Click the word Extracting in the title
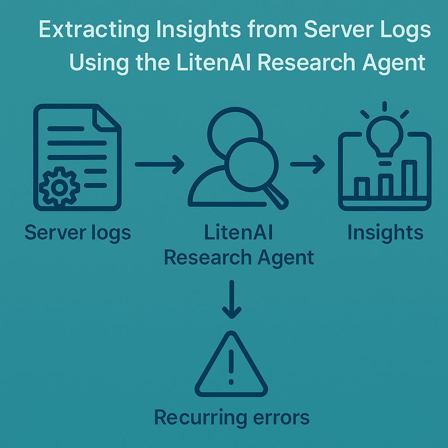94,30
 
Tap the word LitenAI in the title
213,63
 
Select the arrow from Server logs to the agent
159,164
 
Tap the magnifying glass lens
252,164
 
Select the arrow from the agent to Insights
308,164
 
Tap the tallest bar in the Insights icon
409,178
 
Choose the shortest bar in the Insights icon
362,187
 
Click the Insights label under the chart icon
385,233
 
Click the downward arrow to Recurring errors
232,299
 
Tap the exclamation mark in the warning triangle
231,367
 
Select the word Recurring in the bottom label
200,418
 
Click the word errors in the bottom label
281,418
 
